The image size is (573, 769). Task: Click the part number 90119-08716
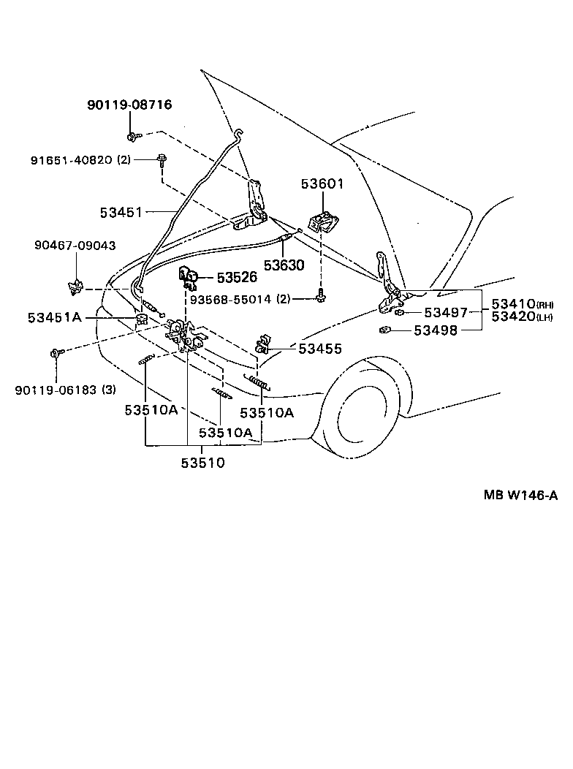(129, 105)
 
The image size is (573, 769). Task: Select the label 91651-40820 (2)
(80, 159)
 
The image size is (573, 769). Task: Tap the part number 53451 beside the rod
(121, 212)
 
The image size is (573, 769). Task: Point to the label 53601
(322, 185)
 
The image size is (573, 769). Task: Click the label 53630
(284, 265)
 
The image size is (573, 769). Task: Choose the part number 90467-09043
(75, 246)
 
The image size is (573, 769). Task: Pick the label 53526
(237, 278)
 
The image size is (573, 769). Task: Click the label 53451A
(55, 317)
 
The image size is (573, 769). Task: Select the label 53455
(319, 349)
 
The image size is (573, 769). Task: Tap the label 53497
(446, 314)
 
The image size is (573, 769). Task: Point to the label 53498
(436, 330)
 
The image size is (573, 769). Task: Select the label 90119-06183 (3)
(65, 389)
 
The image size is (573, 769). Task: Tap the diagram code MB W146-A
(520, 495)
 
